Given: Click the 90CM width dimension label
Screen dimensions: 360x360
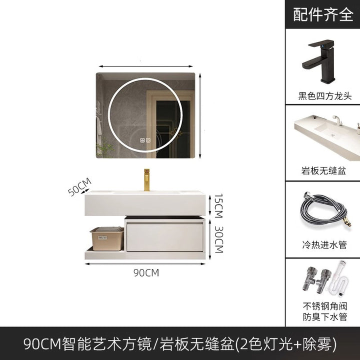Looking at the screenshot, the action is coord(146,273).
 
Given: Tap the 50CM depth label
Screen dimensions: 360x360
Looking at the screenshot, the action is coord(79,186).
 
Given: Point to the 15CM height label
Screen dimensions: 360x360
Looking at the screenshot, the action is coord(218,205).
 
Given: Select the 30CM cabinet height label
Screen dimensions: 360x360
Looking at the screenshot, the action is coord(219,239).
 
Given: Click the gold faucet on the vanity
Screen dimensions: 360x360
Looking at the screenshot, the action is coord(146,180).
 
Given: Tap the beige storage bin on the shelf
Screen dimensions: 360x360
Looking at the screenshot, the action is coord(107,238).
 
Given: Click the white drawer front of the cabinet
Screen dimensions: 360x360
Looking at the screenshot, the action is coord(165,237).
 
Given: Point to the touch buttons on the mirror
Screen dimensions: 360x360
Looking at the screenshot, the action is coord(145,140).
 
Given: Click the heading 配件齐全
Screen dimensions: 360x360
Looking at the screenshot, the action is coord(323,14).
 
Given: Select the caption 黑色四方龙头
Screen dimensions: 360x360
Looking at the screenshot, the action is coord(325,95).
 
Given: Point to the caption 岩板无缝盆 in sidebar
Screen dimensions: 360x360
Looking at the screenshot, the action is coord(323,171).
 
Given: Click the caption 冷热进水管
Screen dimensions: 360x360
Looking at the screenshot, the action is coord(324,244).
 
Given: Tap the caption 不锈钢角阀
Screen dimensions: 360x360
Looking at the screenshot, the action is coord(325,306).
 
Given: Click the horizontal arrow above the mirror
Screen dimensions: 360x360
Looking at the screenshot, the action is coord(146,66).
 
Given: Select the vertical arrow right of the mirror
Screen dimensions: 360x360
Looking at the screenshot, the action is coord(200,115).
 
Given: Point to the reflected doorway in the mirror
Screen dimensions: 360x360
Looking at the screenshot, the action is coord(170,124).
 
